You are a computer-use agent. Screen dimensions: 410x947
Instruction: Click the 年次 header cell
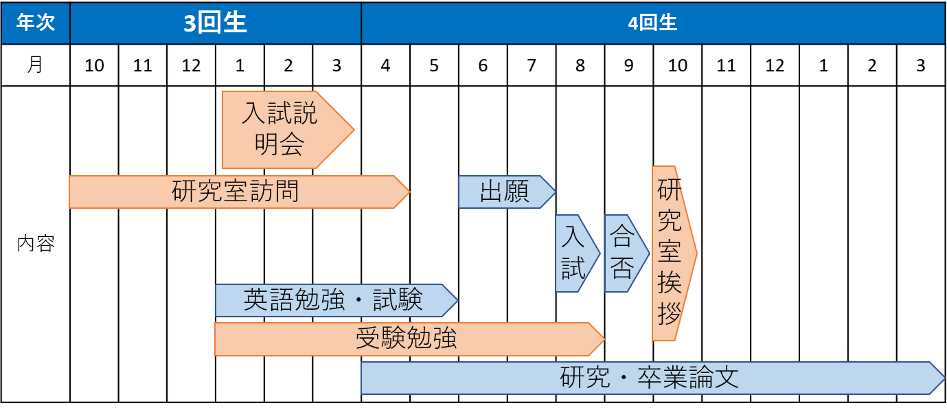pyautogui.click(x=35, y=23)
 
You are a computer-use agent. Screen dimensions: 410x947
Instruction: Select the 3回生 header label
pyautogui.click(x=215, y=23)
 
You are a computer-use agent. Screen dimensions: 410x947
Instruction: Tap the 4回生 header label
pyautogui.click(x=652, y=23)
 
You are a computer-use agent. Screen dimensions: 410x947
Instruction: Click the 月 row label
pyautogui.click(x=35, y=65)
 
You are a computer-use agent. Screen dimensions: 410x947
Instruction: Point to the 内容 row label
pyautogui.click(x=35, y=244)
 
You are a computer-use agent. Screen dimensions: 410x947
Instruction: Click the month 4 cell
pyautogui.click(x=385, y=65)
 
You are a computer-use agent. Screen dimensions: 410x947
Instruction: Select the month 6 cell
pyautogui.click(x=483, y=65)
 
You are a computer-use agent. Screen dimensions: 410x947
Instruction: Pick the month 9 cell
pyautogui.click(x=629, y=65)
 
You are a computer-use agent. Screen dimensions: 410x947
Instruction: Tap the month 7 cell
pyautogui.click(x=532, y=65)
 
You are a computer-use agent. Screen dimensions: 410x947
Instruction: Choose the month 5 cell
pyautogui.click(x=434, y=65)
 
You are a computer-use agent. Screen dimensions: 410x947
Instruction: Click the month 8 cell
pyautogui.click(x=580, y=65)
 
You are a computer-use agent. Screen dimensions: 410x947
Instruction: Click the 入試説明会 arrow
pyautogui.click(x=282, y=129)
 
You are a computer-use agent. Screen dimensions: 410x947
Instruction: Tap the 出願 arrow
pyautogui.click(x=504, y=192)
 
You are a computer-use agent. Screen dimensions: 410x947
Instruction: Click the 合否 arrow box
pyautogui.click(x=624, y=253)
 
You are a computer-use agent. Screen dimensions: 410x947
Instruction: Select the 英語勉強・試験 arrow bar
pyautogui.click(x=333, y=300)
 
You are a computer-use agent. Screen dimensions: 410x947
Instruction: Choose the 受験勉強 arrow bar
pyautogui.click(x=405, y=339)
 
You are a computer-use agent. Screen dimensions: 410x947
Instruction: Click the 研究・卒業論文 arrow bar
pyautogui.click(x=649, y=378)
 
